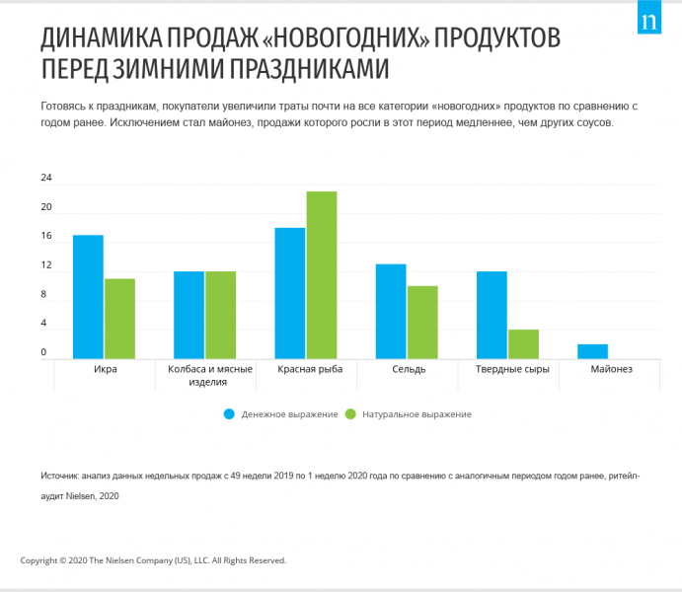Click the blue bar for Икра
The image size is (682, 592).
pos(88,297)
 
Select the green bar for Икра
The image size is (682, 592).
pos(119,319)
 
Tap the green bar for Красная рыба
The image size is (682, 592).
pos(321,275)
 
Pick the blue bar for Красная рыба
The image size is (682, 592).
pos(290,293)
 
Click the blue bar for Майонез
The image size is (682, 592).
pos(592,352)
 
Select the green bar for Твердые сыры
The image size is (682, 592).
pos(523,344)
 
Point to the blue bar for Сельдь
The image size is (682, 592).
pos(391,312)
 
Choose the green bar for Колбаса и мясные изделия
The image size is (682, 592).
pos(220,315)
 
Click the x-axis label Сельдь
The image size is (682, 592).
pos(407,369)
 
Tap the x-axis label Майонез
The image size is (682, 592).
pos(611,369)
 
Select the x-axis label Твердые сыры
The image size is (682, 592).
pos(507,369)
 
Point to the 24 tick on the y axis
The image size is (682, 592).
pos(46,179)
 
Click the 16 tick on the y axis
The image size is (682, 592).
pos(46,237)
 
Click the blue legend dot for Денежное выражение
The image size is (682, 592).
pos(229,414)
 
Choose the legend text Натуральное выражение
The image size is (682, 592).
pos(416,414)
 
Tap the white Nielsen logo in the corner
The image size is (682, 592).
pos(649,21)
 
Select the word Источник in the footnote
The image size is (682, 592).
pos(60,476)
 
